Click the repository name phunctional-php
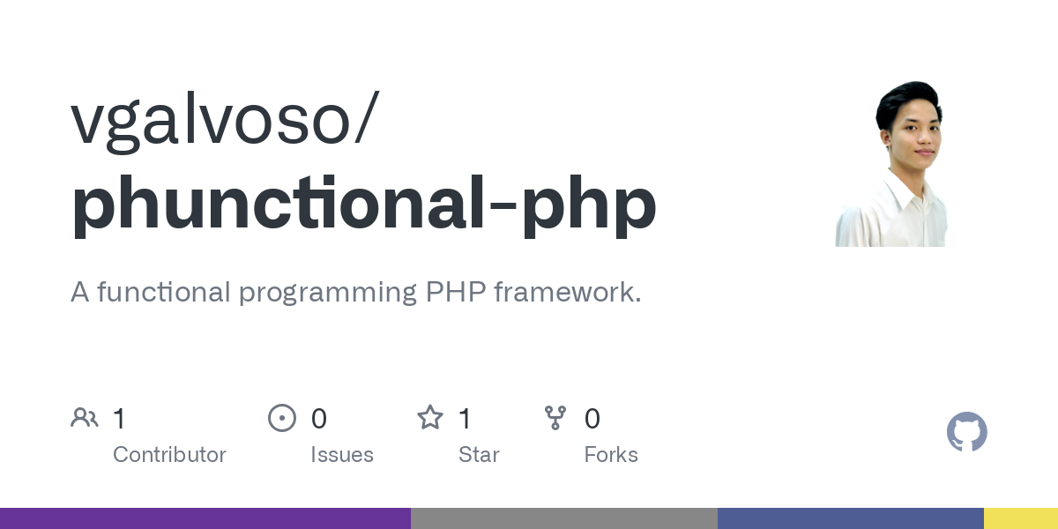coord(363,205)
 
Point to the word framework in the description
coord(567,292)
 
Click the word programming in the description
coord(328,293)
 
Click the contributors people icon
coord(85,418)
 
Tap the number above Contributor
coord(119,419)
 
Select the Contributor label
coord(169,455)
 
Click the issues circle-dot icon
coord(282,418)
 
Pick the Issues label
coord(342,455)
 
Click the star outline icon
coord(430,418)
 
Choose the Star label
coord(479,455)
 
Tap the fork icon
coord(555,418)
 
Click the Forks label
coord(611,455)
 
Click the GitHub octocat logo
coord(966,432)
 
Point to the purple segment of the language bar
coord(205,518)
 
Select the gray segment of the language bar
coord(564,518)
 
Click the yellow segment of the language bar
coord(1021,518)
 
